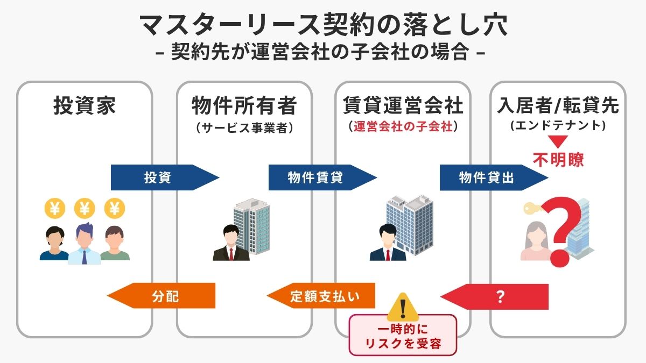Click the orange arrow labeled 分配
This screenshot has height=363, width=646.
pyautogui.click(x=164, y=296)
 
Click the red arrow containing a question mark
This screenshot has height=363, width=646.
pyautogui.click(x=498, y=296)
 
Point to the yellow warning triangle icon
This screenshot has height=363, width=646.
pyautogui.click(x=402, y=307)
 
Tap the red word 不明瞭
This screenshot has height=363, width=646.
pyautogui.click(x=558, y=159)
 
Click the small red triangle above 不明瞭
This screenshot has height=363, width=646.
pyautogui.click(x=558, y=143)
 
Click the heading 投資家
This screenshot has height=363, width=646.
pyautogui.click(x=85, y=106)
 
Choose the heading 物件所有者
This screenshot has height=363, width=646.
pyautogui.click(x=244, y=106)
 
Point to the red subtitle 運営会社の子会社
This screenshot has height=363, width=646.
pyautogui.click(x=403, y=127)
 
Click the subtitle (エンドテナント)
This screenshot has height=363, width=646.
pyautogui.click(x=558, y=127)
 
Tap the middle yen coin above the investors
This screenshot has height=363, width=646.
pyautogui.click(x=84, y=208)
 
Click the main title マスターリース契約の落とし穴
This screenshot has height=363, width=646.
pyautogui.click(x=323, y=25)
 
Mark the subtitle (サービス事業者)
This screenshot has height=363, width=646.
pyautogui.click(x=244, y=127)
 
